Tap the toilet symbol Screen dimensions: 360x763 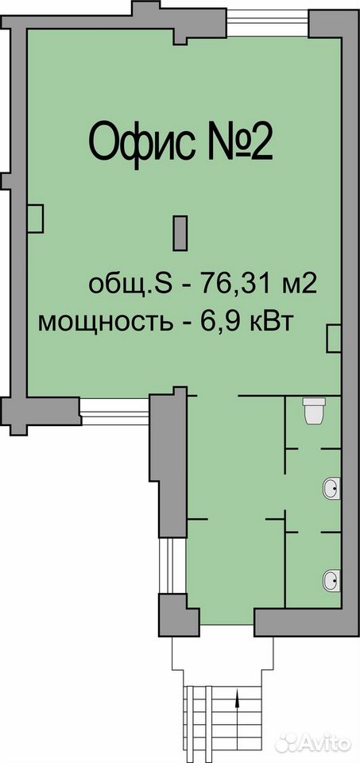point(314,411)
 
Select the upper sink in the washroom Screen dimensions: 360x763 point(332,487)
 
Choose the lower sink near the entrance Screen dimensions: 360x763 point(332,580)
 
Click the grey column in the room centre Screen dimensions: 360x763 point(180,234)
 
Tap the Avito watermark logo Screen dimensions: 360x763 point(312,742)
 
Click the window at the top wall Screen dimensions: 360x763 point(268,23)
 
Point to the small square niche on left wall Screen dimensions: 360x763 point(35,219)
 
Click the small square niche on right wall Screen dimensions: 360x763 point(333,339)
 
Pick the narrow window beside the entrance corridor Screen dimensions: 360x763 point(173,565)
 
